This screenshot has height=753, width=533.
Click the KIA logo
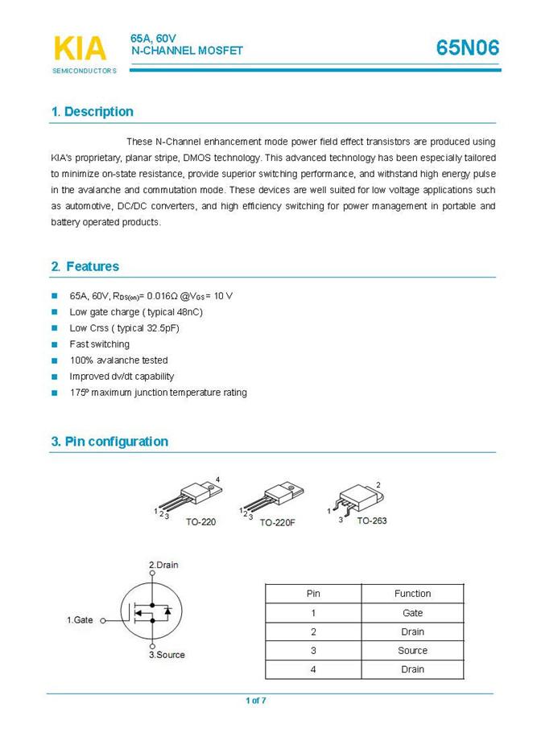click(x=80, y=48)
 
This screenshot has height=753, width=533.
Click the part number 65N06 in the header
click(x=468, y=48)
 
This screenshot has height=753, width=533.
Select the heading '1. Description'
click(x=92, y=112)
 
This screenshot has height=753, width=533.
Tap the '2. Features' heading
click(x=85, y=266)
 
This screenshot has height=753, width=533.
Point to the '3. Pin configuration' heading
click(x=109, y=442)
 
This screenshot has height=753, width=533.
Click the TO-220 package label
click(x=200, y=521)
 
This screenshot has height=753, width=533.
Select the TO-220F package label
click(x=277, y=522)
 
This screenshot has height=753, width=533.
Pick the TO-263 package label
click(x=372, y=521)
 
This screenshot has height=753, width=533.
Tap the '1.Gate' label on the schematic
click(x=80, y=620)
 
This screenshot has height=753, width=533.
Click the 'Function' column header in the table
click(x=412, y=594)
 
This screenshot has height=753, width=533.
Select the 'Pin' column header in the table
click(x=313, y=594)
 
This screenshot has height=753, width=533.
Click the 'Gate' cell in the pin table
click(x=412, y=613)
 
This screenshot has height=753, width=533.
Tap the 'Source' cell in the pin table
click(x=412, y=651)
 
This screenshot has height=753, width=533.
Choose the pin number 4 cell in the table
click(x=313, y=669)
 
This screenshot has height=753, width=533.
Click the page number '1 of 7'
click(x=256, y=701)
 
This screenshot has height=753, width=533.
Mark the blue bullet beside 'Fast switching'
click(x=55, y=344)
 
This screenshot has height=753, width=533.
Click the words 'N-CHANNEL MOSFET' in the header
click(x=187, y=51)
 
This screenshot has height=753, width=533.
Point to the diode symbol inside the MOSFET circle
click(x=167, y=612)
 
